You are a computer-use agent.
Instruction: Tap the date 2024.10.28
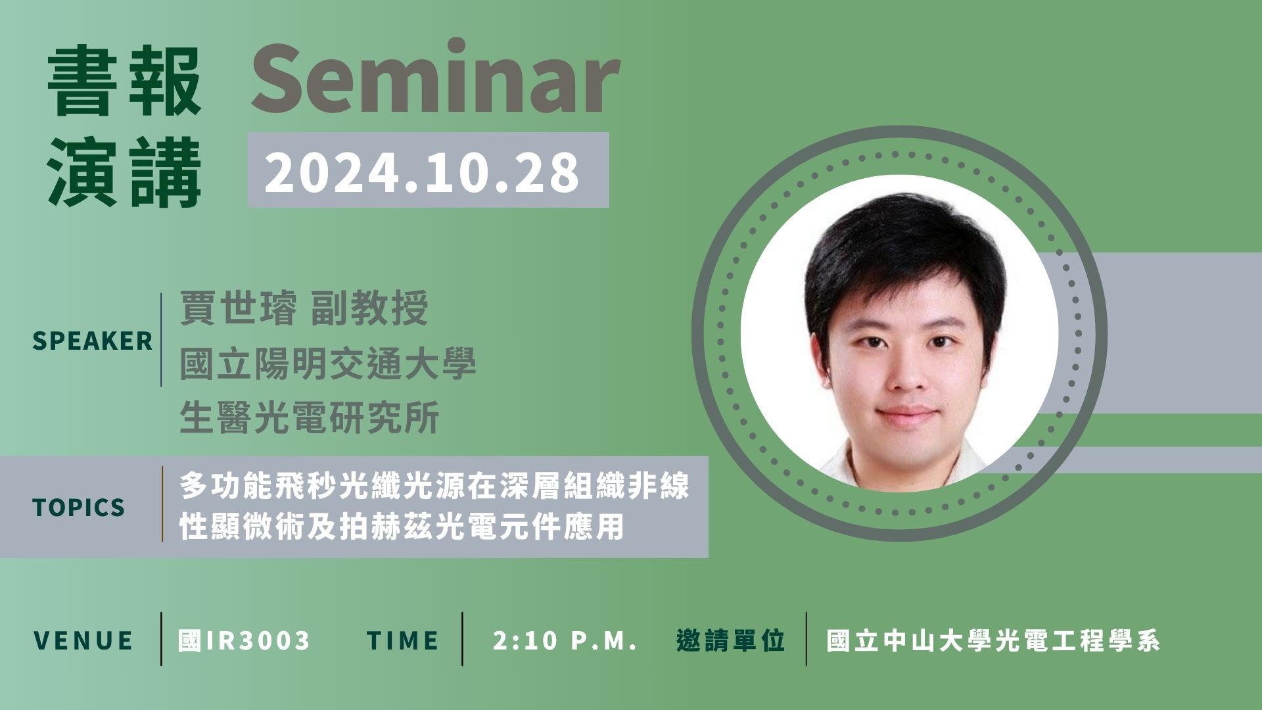[421, 172]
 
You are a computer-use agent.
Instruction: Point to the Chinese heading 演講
[125, 172]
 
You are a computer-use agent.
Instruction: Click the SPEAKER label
[92, 341]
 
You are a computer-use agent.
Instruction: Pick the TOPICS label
[78, 508]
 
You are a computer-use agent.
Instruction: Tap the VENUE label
[83, 640]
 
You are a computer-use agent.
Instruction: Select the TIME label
[403, 640]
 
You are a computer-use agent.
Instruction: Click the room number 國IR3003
[244, 640]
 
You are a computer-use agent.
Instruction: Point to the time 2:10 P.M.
[565, 640]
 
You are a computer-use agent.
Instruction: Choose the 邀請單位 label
[731, 640]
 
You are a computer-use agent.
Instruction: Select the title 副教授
[369, 308]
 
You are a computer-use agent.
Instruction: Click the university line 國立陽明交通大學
[328, 364]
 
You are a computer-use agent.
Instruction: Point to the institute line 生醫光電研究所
[310, 418]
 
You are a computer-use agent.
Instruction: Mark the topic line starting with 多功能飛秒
[434, 487]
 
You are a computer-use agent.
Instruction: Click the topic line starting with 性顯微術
[402, 527]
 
